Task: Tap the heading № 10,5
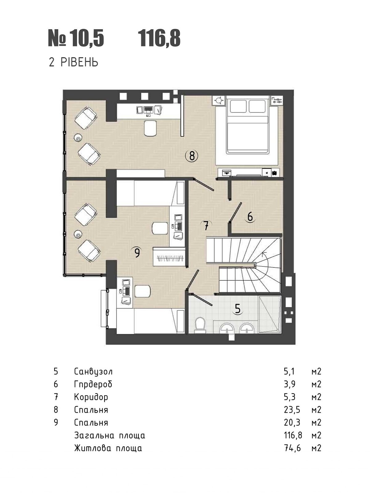tap(76, 39)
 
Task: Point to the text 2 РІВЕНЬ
tap(74, 62)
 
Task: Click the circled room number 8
tap(191, 156)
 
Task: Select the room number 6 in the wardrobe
tap(250, 217)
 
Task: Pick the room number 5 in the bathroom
tap(237, 309)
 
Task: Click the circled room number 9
tap(137, 253)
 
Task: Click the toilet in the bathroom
tap(199, 326)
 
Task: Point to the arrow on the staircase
tap(265, 254)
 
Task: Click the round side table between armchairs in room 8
tap(78, 137)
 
